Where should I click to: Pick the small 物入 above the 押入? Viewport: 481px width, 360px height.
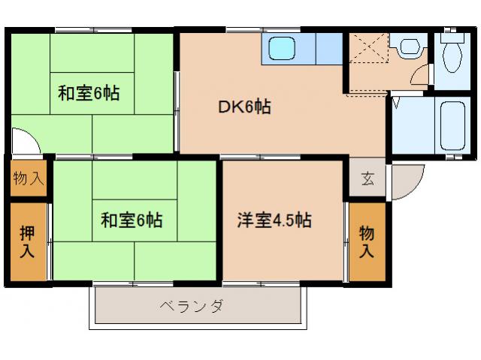tap(28, 178)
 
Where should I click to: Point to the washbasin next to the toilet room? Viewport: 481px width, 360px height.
tap(409, 46)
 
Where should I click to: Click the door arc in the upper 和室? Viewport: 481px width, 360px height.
tap(24, 140)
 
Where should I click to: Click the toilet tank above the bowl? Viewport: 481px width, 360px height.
tap(452, 35)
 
